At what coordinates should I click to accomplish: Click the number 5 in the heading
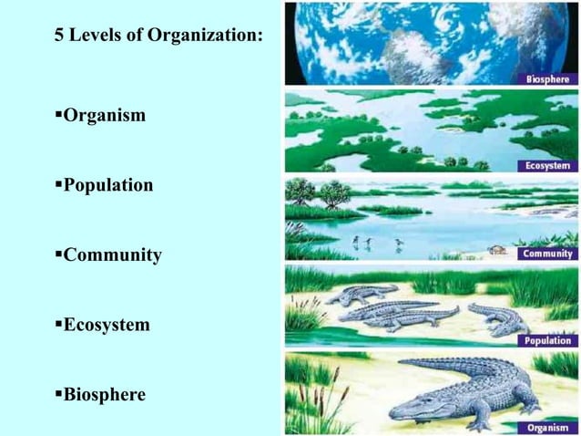click(60, 38)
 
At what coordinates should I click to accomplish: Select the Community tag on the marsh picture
click(545, 254)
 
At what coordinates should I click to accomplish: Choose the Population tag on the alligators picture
click(545, 340)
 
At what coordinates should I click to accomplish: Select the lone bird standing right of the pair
click(398, 243)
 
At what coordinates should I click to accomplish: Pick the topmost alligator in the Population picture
click(364, 294)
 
